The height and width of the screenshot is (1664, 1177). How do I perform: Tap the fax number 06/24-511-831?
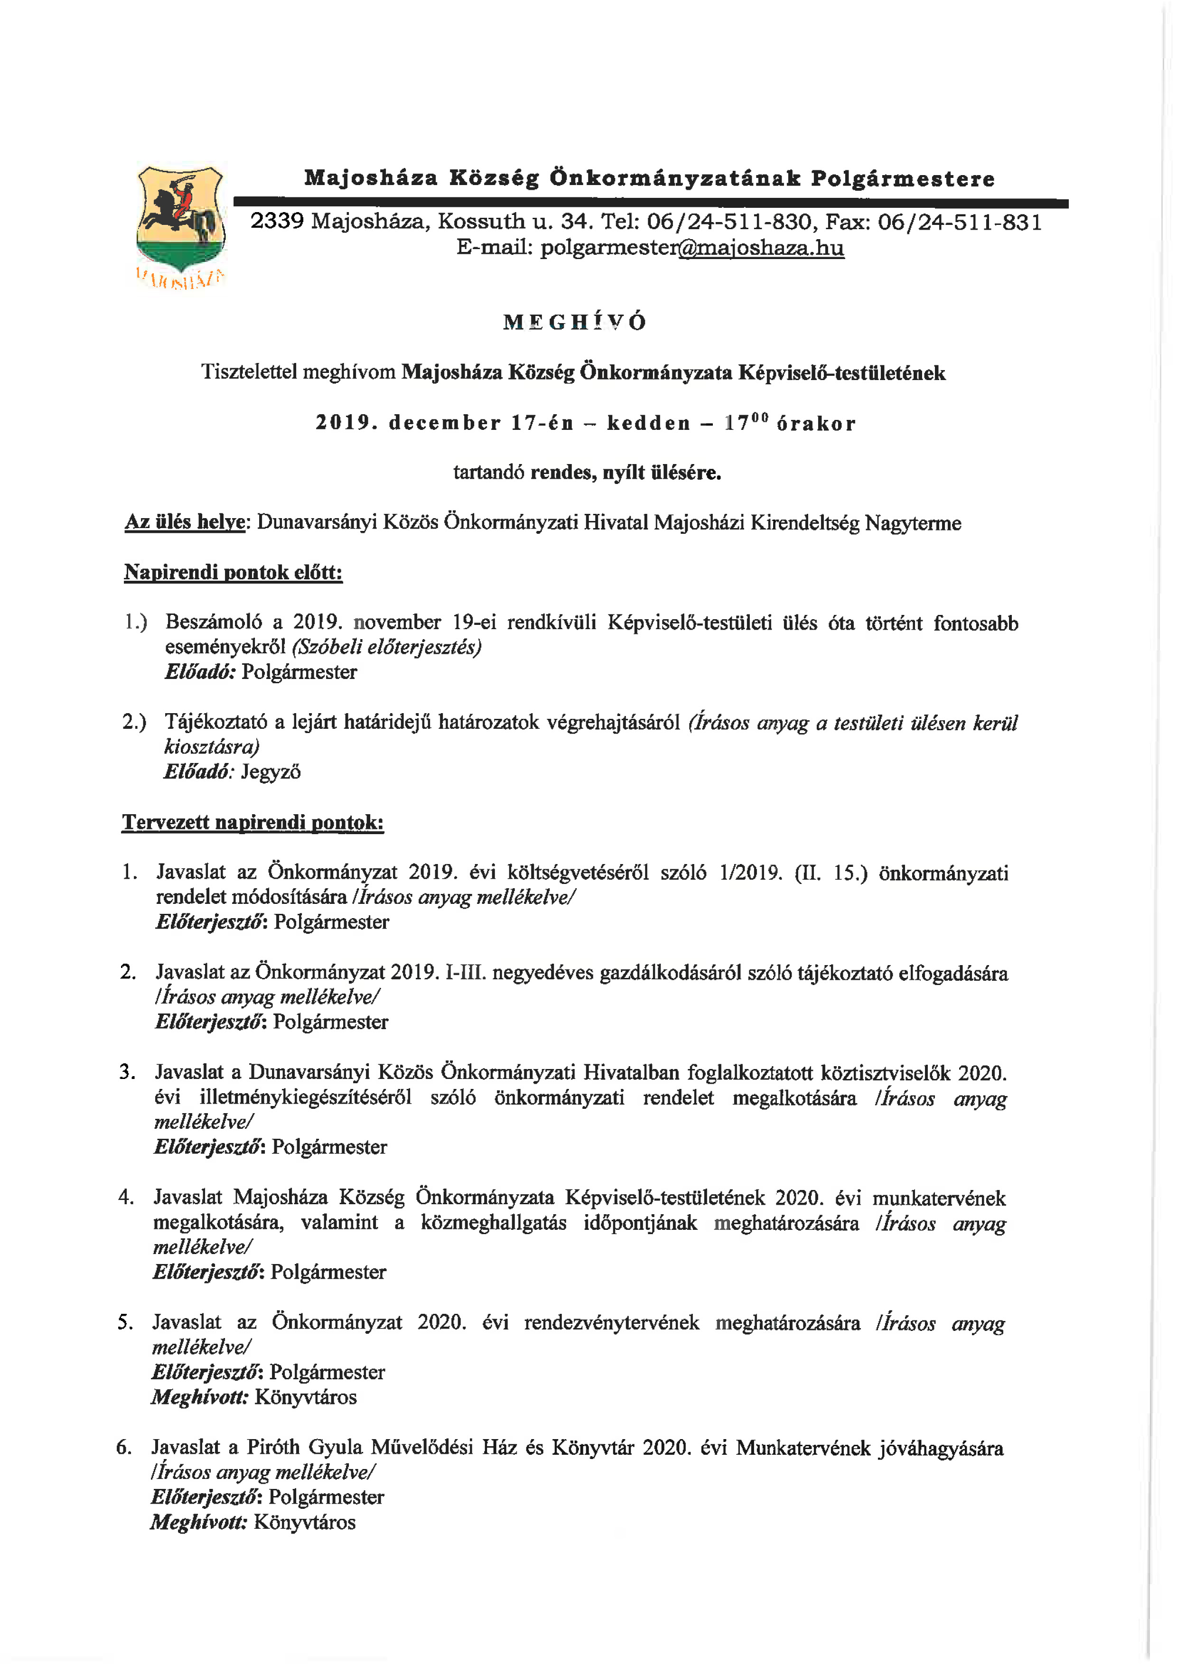click(x=960, y=222)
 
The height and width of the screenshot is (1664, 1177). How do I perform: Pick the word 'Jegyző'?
click(x=271, y=772)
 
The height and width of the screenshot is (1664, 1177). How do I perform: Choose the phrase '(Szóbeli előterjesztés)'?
click(x=386, y=646)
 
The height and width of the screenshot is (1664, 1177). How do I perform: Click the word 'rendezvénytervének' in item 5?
click(x=612, y=1323)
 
